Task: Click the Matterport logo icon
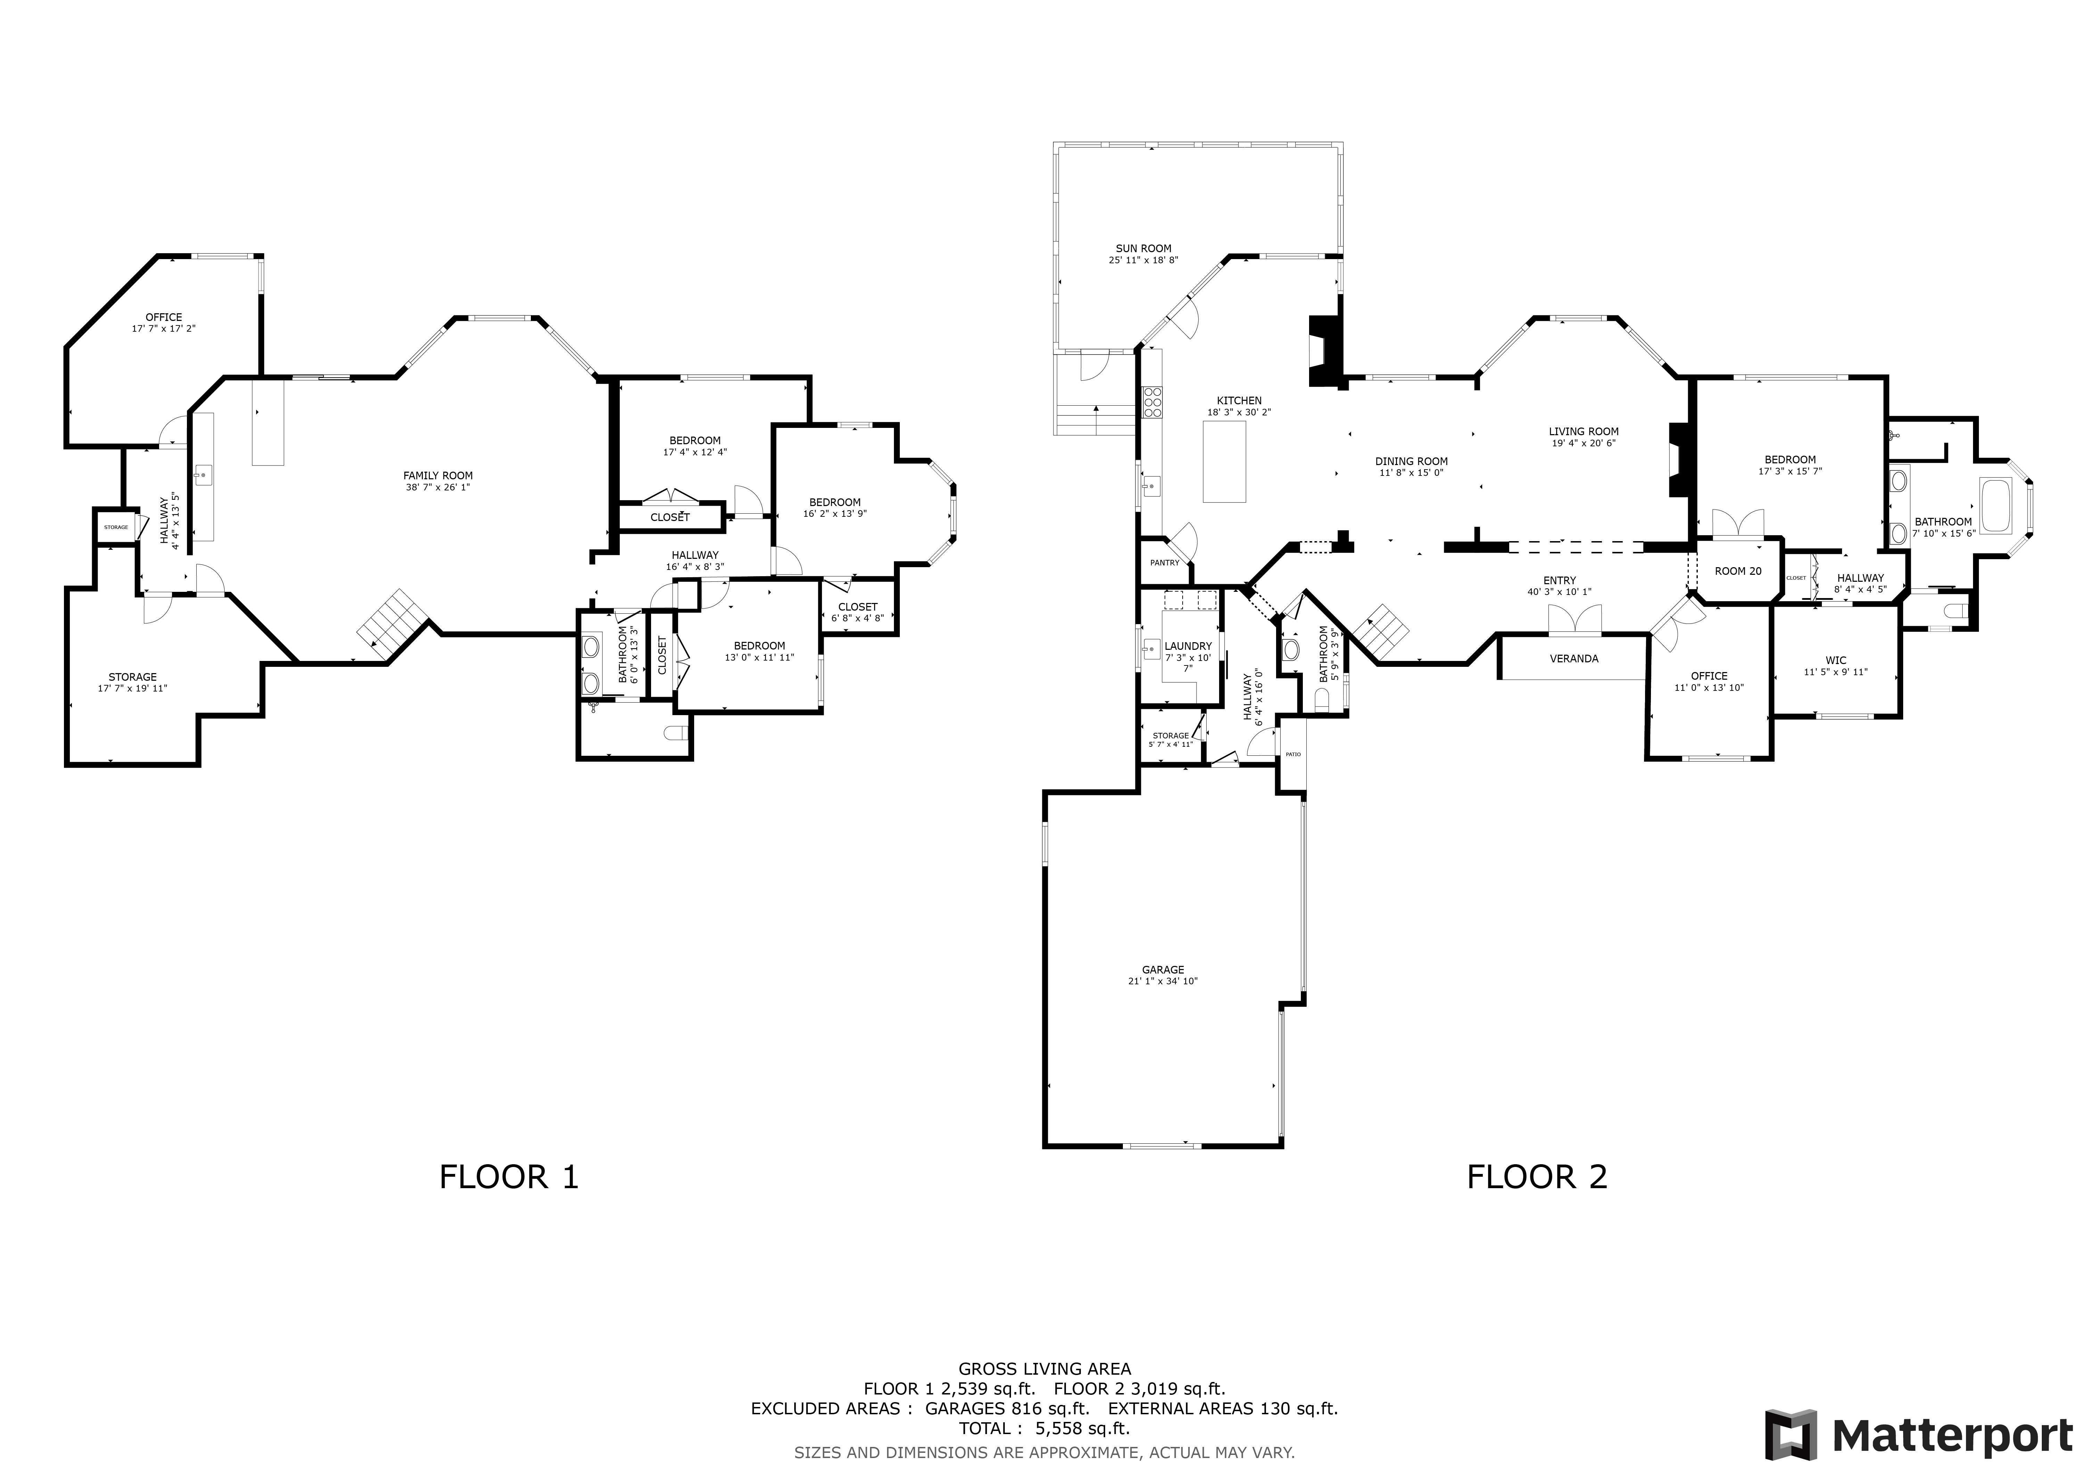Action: pos(1791,1434)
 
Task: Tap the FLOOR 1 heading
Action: pos(509,1177)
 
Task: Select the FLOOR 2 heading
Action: pos(1536,1177)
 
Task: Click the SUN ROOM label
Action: pos(1143,248)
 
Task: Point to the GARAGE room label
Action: pos(1162,970)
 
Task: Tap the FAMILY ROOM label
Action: pos(438,475)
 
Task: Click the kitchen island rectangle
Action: pos(1224,462)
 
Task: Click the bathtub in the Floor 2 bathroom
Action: pos(1996,505)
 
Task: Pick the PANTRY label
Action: pos(1164,563)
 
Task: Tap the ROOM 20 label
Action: pos(1737,571)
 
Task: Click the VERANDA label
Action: pos(1574,658)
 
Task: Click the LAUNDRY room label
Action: pos(1188,646)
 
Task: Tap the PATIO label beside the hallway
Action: pos(1293,755)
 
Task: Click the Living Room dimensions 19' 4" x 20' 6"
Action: pos(1584,444)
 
